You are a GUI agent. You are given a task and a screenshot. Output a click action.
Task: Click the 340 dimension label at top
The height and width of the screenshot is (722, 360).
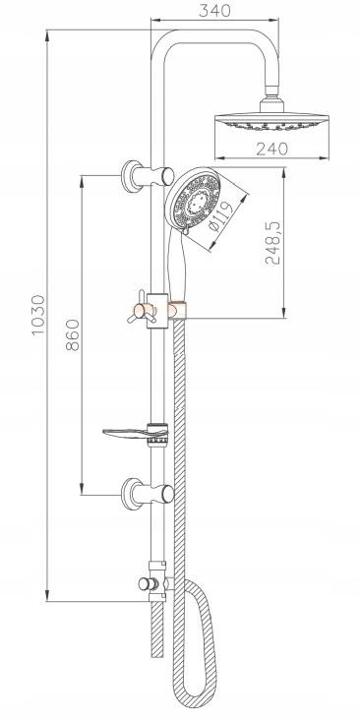point(214,10)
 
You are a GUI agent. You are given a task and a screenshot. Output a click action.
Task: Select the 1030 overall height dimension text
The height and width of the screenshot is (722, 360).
point(38,315)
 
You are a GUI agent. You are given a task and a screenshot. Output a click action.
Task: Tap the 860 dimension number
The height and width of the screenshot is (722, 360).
point(73,334)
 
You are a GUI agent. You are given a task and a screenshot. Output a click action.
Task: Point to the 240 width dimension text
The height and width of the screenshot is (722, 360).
point(272,149)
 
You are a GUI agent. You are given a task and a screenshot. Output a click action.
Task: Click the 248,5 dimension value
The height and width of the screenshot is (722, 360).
point(272,242)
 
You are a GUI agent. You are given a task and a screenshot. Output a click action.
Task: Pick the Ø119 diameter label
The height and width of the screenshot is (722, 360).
point(221,216)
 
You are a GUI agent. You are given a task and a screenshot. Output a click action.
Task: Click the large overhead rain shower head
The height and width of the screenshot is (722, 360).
point(271,122)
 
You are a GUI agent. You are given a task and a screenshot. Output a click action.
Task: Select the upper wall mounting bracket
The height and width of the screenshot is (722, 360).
point(147,176)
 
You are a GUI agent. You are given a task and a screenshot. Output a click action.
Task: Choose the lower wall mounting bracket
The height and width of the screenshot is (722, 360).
point(147,494)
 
